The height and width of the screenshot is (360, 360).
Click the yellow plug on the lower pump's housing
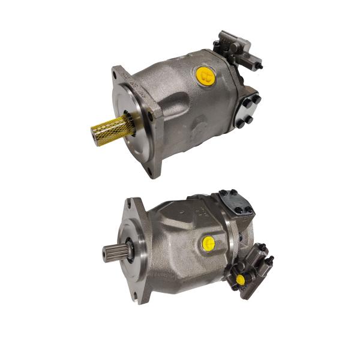[208, 242]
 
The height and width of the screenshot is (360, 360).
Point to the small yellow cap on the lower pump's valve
[241, 280]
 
